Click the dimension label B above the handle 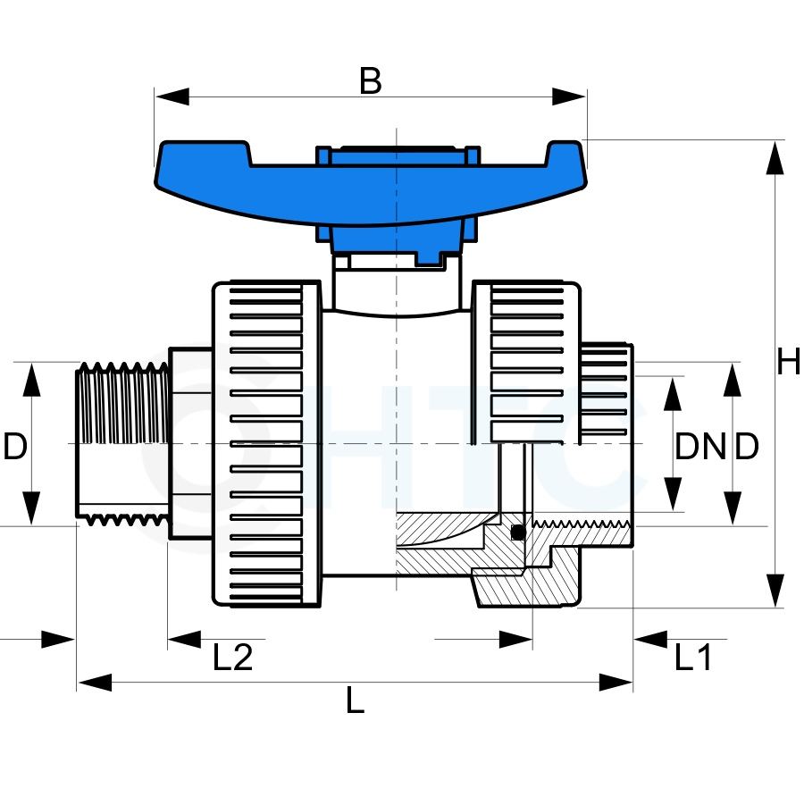pyautogui.click(x=370, y=81)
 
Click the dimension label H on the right pyautogui.click(x=789, y=362)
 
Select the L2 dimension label pyautogui.click(x=232, y=658)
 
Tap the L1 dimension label pyautogui.click(x=693, y=658)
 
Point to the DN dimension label pyautogui.click(x=699, y=446)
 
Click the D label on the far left pyautogui.click(x=15, y=446)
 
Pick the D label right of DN pyautogui.click(x=746, y=446)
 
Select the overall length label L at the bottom pyautogui.click(x=355, y=700)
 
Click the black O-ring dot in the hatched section pyautogui.click(x=518, y=532)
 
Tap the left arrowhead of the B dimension pyautogui.click(x=172, y=96)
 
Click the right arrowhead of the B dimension pyautogui.click(x=569, y=96)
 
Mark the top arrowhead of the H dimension pyautogui.click(x=775, y=158)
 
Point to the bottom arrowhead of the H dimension pyautogui.click(x=775, y=591)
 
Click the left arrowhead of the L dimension pyautogui.click(x=95, y=683)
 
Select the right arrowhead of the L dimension pyautogui.click(x=616, y=683)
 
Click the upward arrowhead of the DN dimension pyautogui.click(x=672, y=394)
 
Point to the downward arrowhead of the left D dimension pyautogui.click(x=31, y=507)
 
